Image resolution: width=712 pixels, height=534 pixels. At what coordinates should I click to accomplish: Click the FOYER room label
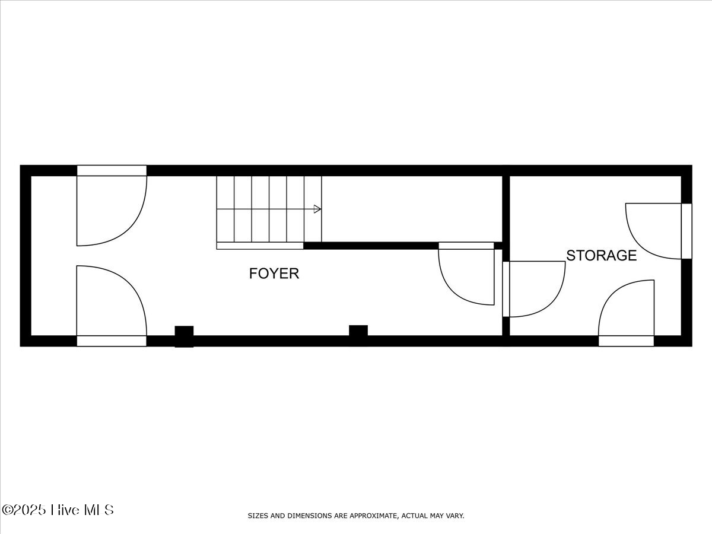tap(274, 274)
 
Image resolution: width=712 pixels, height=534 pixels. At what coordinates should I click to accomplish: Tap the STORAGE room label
tap(601, 256)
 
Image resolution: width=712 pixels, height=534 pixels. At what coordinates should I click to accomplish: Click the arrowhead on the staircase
tap(317, 209)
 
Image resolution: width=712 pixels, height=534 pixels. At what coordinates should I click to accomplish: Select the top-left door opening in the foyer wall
tap(112, 170)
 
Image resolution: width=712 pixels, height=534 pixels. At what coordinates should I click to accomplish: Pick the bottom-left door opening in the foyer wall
tap(112, 341)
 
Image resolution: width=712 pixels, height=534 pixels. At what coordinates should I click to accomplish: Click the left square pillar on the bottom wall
tap(184, 336)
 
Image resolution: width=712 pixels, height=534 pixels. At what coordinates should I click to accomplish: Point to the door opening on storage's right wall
tap(686, 231)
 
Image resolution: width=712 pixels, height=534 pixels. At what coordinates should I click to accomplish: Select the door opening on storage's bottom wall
tap(626, 341)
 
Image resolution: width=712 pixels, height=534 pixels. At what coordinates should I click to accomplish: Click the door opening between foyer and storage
tap(506, 289)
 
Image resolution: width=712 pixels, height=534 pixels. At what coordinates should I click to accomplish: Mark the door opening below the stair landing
tap(466, 246)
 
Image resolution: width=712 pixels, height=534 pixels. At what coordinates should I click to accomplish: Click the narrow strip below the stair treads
tap(260, 246)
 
